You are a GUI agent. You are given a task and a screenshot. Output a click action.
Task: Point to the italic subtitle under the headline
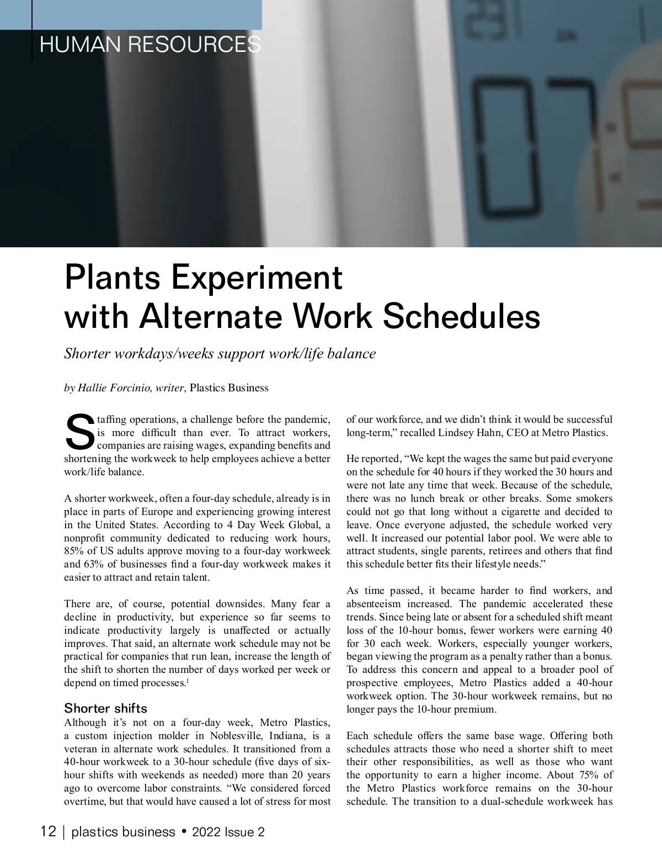220,353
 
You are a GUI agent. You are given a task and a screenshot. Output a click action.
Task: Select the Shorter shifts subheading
106,708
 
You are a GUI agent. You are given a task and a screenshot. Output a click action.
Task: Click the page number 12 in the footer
49,831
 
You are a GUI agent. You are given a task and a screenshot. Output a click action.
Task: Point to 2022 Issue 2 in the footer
228,832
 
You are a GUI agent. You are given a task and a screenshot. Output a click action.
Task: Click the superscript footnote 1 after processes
188,681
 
